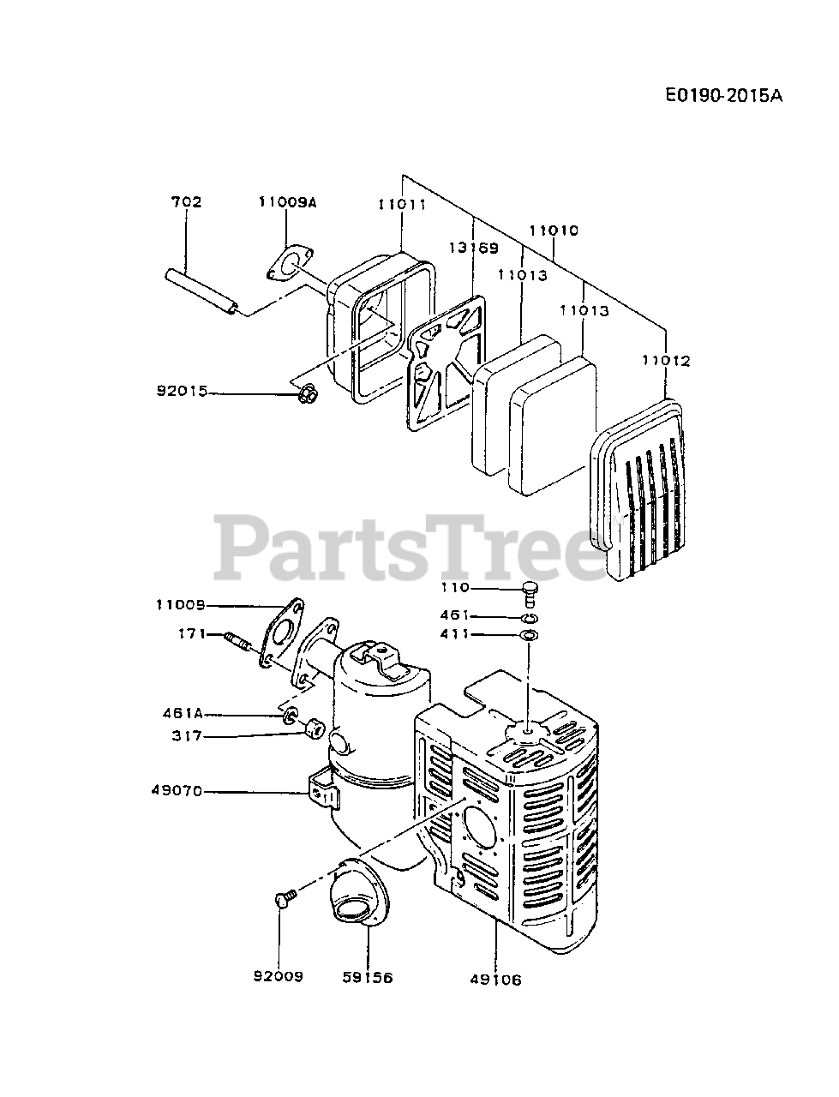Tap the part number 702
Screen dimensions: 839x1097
(186, 202)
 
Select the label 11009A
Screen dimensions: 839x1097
(287, 202)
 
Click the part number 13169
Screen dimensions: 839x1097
(471, 249)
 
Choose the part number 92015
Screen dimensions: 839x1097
(182, 391)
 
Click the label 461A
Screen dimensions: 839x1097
(181, 713)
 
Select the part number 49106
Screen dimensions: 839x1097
(495, 979)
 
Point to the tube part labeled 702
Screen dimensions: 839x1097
(202, 291)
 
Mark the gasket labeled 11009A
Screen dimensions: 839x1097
(287, 263)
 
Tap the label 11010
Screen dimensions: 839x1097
(554, 230)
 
